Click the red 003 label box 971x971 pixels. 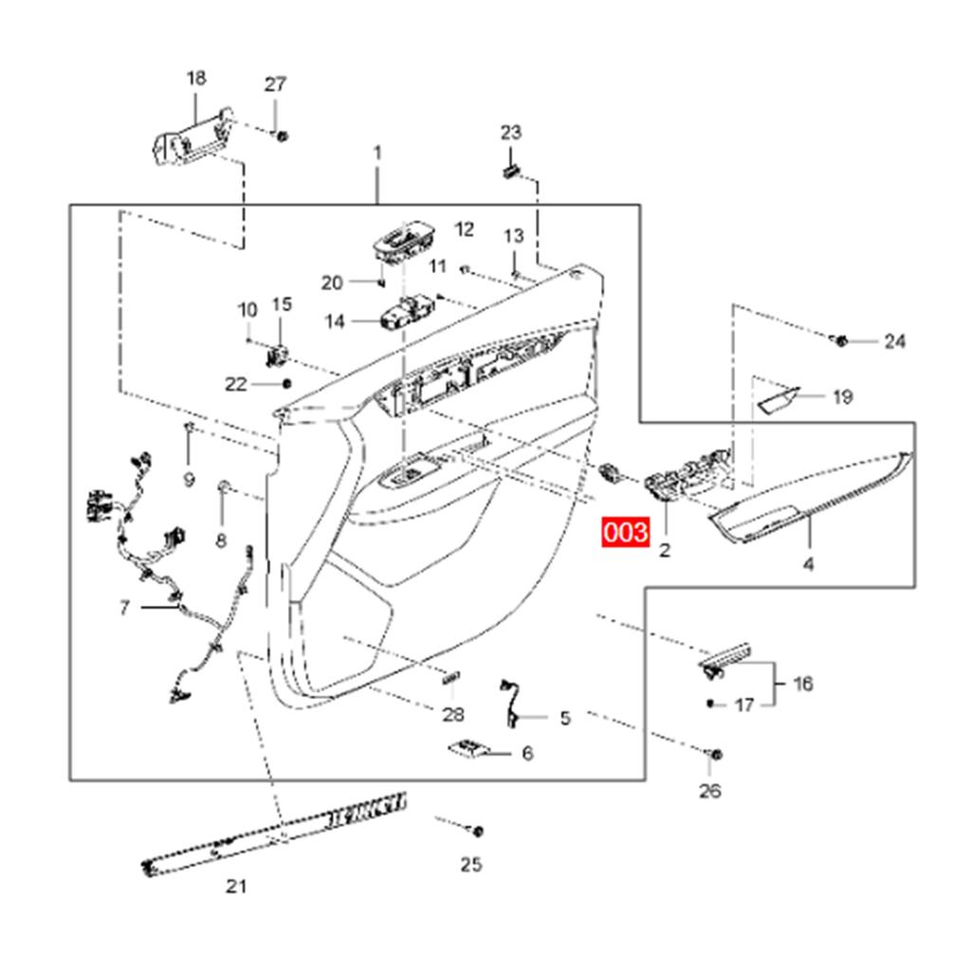(x=627, y=533)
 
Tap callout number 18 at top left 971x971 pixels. (x=196, y=78)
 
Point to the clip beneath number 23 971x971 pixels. (x=510, y=172)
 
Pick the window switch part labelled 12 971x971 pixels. (x=403, y=241)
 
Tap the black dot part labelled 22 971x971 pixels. (x=287, y=383)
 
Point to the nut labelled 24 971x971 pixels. (x=840, y=339)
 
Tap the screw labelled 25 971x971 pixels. (x=477, y=832)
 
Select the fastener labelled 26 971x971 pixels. (x=716, y=756)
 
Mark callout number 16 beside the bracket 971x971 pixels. (x=802, y=684)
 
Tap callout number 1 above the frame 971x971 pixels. (x=377, y=153)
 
